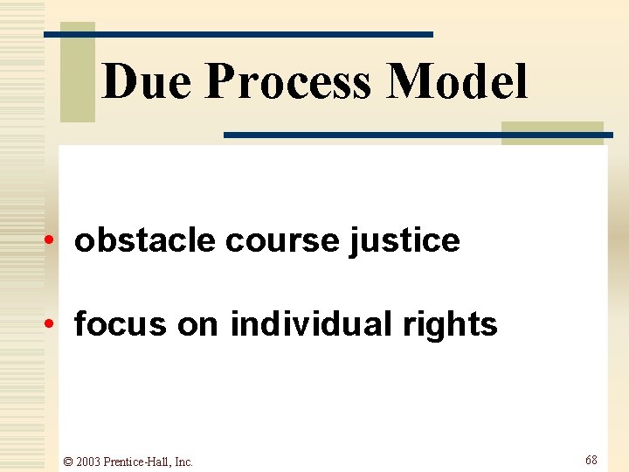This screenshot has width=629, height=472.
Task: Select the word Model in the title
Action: (459, 82)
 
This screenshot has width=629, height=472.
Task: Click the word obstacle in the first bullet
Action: (145, 239)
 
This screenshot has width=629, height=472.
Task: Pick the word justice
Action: (404, 240)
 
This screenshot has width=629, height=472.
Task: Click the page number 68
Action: (591, 460)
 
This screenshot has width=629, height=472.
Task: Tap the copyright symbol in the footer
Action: (68, 462)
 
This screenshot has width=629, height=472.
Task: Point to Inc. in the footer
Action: (183, 462)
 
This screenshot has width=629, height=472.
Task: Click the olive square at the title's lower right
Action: (552, 133)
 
